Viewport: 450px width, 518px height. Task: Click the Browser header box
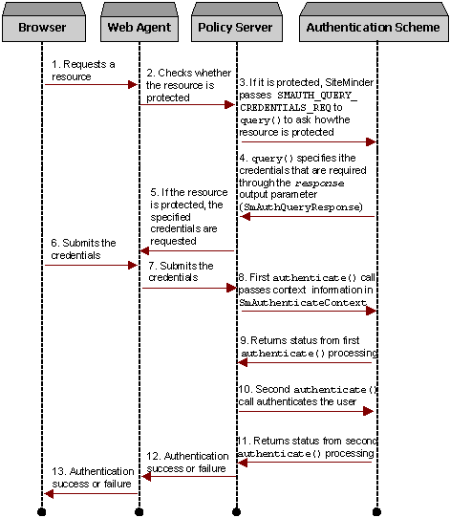point(42,27)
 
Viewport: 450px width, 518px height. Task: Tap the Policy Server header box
point(235,27)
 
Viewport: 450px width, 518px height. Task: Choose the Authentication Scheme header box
point(374,27)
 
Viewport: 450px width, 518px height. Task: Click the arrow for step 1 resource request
point(91,84)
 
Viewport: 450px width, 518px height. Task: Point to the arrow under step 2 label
point(187,104)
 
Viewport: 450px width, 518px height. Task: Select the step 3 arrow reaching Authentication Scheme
point(306,141)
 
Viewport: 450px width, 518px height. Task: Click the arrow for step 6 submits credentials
point(91,265)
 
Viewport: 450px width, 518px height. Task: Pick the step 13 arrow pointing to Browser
point(91,492)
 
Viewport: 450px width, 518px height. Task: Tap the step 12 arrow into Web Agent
point(188,475)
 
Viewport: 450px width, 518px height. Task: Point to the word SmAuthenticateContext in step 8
point(303,302)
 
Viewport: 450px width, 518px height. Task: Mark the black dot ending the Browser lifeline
point(42,511)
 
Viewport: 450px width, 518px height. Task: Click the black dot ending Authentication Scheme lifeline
point(375,511)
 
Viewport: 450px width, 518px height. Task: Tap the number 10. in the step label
point(246,390)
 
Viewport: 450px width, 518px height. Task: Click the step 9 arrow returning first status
point(306,362)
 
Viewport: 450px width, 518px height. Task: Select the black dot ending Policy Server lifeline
point(236,511)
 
